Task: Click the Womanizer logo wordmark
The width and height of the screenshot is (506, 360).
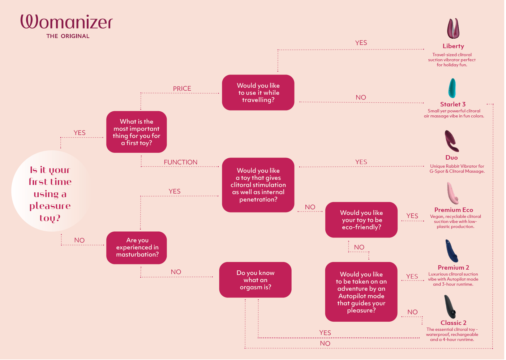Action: point(67,22)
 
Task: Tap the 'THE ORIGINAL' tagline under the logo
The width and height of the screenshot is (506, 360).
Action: point(68,36)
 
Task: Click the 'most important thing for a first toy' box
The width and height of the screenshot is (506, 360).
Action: point(137,132)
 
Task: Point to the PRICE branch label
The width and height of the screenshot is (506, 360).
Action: point(183,89)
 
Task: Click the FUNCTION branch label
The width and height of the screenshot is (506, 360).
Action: point(181,162)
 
